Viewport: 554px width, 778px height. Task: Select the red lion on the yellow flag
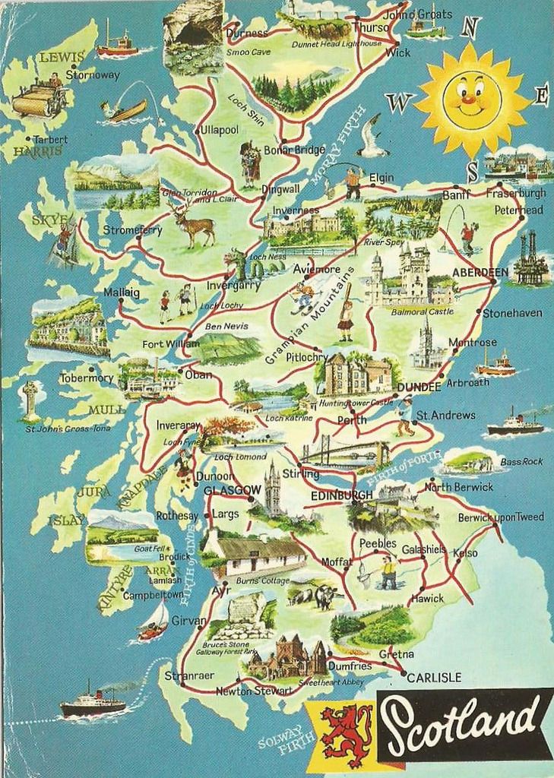tap(346, 733)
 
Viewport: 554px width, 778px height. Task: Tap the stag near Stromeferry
tap(192, 224)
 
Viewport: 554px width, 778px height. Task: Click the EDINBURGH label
tap(342, 495)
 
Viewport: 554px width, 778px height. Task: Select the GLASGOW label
tap(227, 491)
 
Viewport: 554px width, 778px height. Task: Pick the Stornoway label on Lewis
tap(93, 75)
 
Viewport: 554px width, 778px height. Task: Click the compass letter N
tap(470, 27)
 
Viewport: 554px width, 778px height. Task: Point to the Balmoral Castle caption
tap(422, 312)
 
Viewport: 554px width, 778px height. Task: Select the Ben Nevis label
tap(222, 327)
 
